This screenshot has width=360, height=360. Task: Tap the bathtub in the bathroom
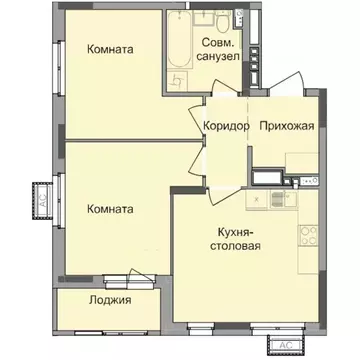tap(178, 44)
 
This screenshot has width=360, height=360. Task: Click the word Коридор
tap(223, 125)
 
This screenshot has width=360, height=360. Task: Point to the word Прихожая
tap(287, 125)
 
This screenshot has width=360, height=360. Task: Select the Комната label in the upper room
tap(111, 49)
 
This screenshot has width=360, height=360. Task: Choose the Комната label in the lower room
tap(111, 209)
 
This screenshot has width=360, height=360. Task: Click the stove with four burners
tap(306, 241)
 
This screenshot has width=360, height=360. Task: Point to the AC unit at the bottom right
tap(284, 344)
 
